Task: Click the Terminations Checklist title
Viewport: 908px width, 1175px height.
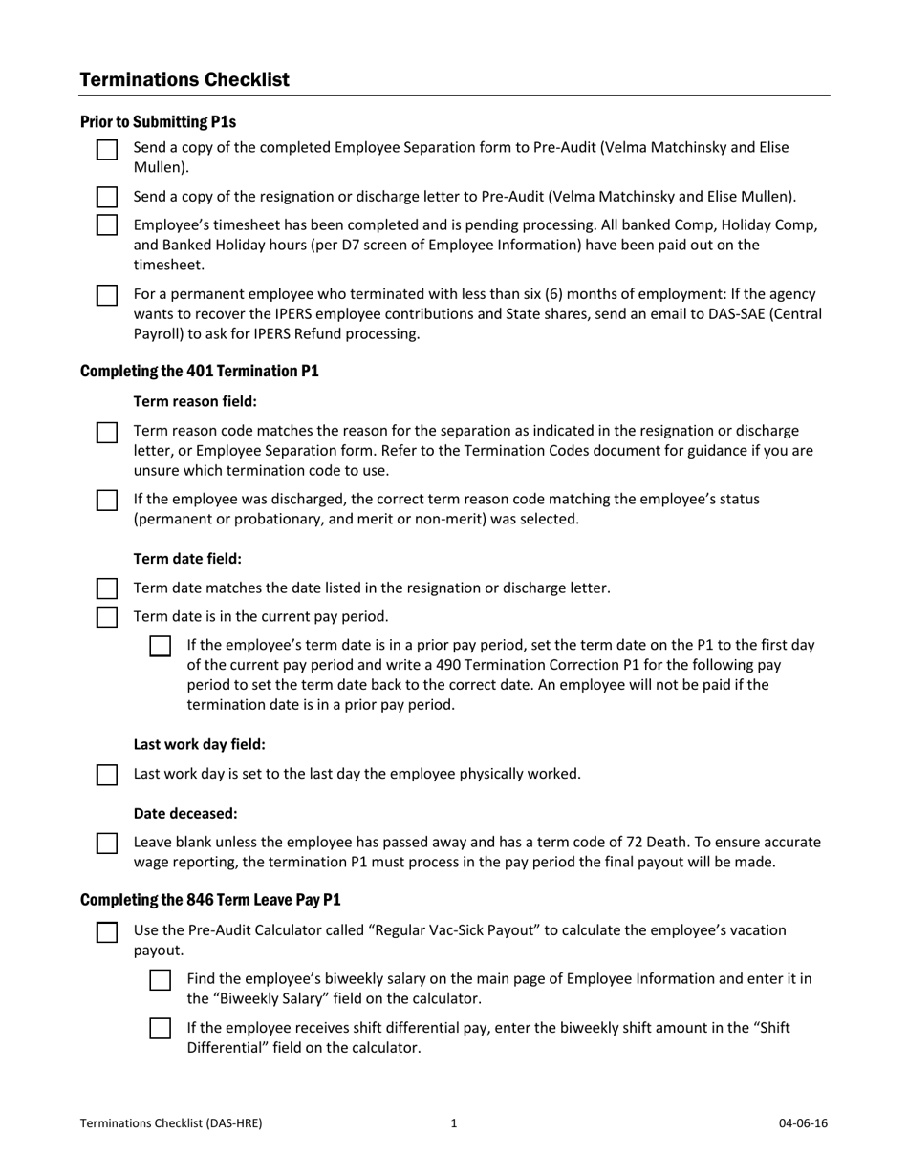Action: click(x=184, y=79)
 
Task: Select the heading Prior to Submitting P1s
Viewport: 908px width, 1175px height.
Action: click(x=158, y=121)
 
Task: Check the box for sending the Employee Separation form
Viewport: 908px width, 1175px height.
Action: click(x=107, y=149)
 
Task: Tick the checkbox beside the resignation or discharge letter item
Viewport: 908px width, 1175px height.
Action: click(x=107, y=198)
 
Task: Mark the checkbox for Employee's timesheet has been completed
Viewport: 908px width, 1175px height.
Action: click(x=107, y=225)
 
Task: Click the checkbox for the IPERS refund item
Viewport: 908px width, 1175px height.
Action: click(x=107, y=294)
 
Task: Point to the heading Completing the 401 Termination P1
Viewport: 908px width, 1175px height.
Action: click(x=199, y=371)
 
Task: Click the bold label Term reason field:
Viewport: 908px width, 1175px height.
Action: click(x=195, y=401)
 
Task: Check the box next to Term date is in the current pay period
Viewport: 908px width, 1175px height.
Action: click(x=107, y=616)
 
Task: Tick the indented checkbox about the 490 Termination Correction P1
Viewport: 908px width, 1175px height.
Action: click(x=161, y=646)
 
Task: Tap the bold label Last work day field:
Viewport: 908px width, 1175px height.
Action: click(x=199, y=744)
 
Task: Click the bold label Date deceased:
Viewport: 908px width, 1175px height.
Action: click(x=185, y=813)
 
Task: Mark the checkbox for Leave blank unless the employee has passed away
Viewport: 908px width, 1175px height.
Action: click(x=107, y=843)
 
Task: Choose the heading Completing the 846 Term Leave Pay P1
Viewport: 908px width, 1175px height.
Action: click(x=210, y=900)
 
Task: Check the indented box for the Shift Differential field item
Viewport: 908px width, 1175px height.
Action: click(x=161, y=1029)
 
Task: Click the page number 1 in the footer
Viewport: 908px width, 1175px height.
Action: click(x=454, y=1123)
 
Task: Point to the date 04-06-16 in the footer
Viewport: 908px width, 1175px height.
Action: click(x=803, y=1123)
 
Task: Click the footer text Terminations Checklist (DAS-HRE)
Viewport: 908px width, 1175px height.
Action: click(x=171, y=1123)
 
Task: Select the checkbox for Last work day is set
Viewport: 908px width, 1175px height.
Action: click(x=107, y=774)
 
